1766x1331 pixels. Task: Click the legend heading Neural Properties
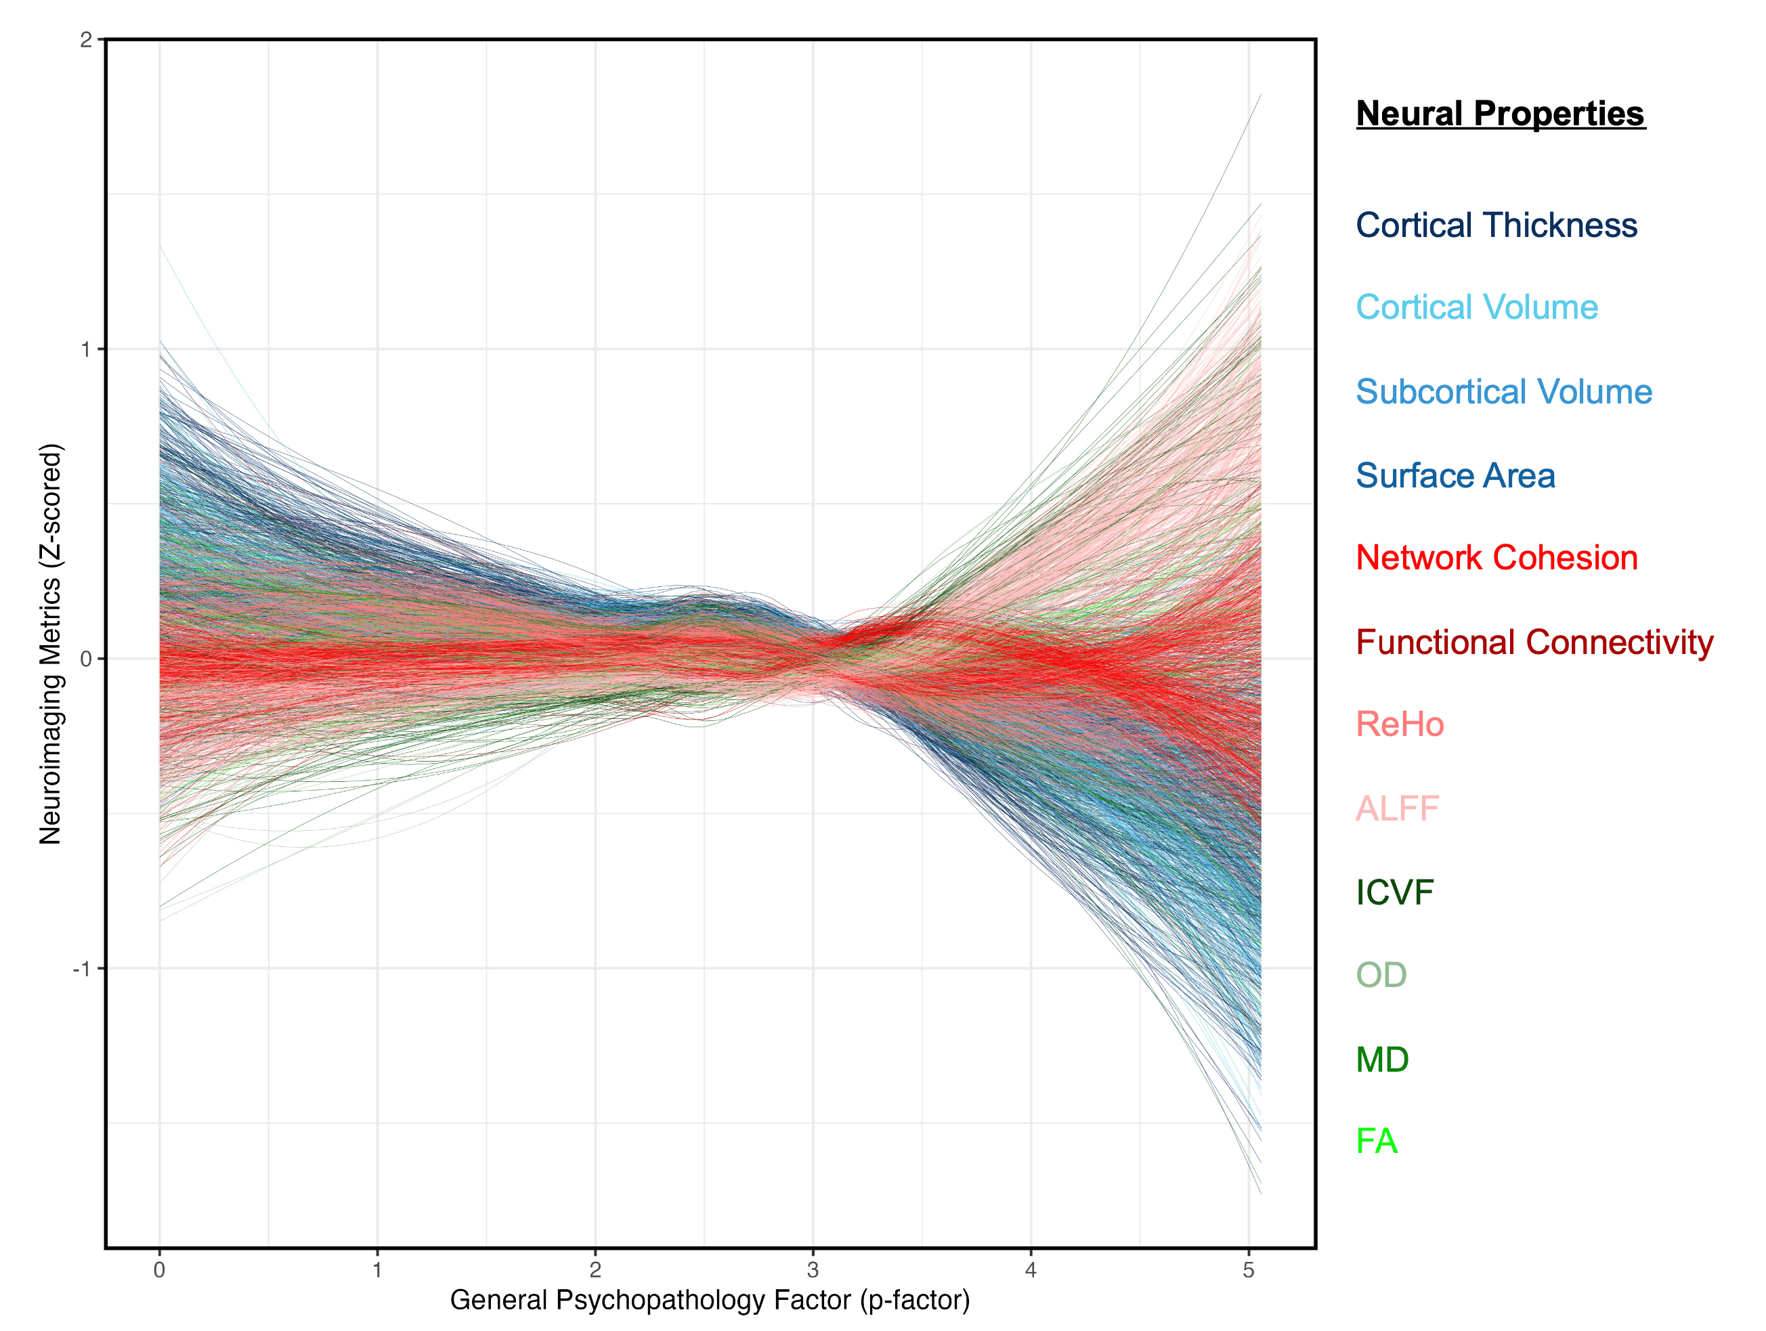1499,113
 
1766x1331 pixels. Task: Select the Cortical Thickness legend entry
1496,225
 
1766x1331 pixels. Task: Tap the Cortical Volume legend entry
1476,307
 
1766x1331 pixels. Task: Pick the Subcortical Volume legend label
1503,391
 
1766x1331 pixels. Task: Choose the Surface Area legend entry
1455,475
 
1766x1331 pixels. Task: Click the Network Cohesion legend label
1496,557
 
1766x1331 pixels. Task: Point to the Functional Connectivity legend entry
1534,642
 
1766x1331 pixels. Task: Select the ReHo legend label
1400,724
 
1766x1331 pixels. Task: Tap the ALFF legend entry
1397,808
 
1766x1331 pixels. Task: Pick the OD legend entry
1381,975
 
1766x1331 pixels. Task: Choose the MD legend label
1382,1060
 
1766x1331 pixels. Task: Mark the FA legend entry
1377,1141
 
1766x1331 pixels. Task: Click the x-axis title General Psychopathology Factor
710,1299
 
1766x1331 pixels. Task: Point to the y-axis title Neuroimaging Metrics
50,644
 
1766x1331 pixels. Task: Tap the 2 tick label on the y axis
86,40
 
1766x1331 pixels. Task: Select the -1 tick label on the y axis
82,969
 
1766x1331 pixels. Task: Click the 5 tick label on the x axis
1248,1269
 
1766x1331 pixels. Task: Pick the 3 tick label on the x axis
813,1269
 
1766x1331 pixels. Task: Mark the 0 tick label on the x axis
160,1269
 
